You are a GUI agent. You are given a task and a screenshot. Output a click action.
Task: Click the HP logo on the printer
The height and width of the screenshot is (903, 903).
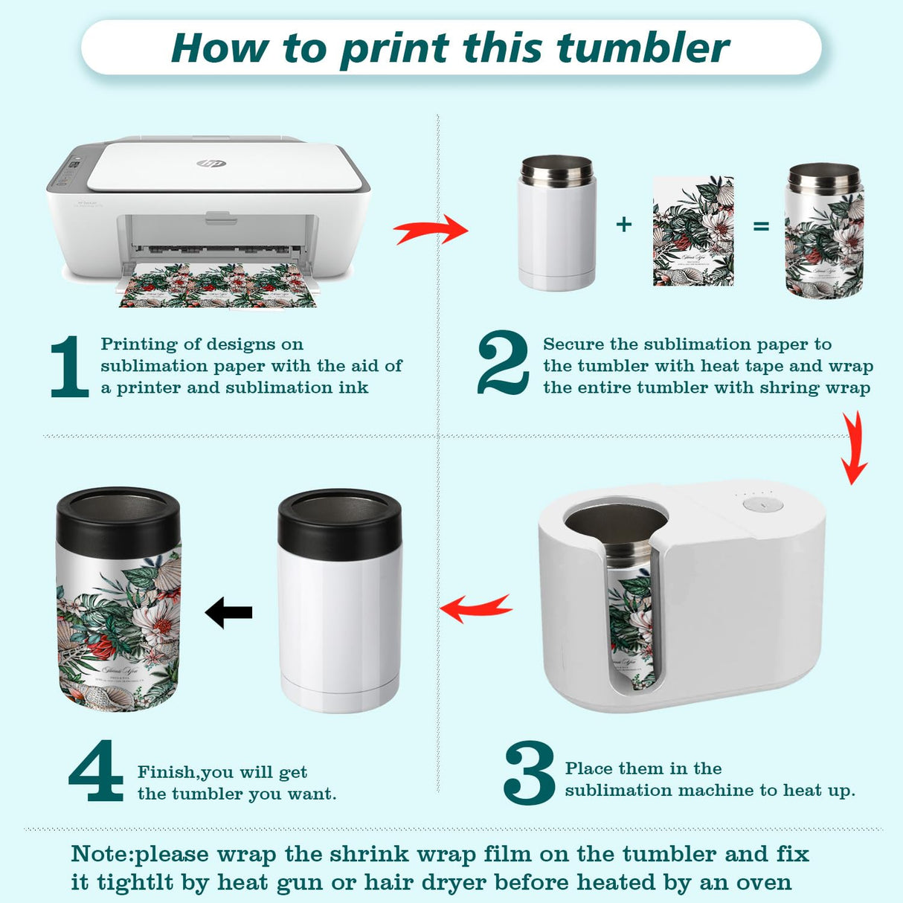tap(211, 163)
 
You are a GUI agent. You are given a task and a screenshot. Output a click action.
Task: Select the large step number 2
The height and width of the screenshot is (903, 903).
tap(503, 363)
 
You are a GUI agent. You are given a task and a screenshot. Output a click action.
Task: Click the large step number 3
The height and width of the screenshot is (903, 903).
tap(529, 773)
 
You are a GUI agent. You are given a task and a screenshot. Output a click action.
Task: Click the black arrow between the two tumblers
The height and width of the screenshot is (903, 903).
tap(229, 613)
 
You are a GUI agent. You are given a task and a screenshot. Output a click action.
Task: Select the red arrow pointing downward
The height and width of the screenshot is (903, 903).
tap(854, 449)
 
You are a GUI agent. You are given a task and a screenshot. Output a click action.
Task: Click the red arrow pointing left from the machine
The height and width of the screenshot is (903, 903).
tap(476, 608)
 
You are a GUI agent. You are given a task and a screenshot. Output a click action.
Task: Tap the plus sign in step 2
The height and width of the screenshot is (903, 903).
tap(624, 224)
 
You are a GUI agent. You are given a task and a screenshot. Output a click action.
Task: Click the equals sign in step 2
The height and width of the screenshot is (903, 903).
tap(761, 225)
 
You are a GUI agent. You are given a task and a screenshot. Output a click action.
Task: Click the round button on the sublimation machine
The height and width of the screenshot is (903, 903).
tap(762, 504)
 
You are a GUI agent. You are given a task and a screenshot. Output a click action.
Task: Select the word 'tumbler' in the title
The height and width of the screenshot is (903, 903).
tap(643, 48)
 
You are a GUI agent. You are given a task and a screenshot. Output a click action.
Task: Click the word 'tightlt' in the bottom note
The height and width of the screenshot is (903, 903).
tap(135, 883)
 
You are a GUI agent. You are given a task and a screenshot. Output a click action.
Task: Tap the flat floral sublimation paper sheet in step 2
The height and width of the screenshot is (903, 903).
tap(693, 231)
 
